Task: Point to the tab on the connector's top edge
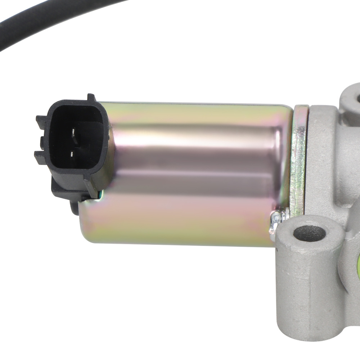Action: tap(90, 98)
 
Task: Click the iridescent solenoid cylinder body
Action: tap(187, 216)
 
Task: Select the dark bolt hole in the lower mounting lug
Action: tap(309, 234)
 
